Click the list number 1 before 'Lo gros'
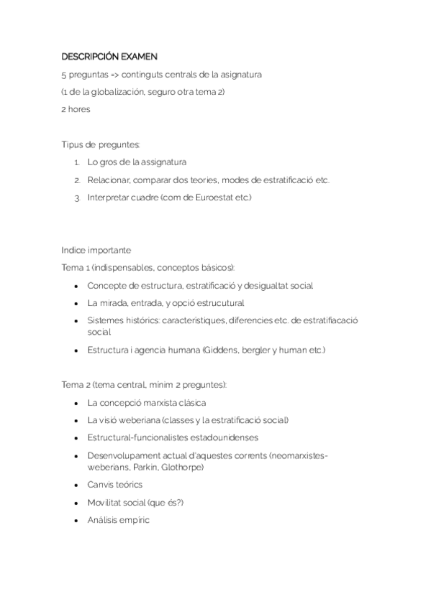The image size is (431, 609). tap(76, 162)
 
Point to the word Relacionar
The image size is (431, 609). tap(109, 180)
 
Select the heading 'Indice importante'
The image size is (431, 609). tap(96, 250)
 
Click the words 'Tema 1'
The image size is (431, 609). tap(76, 267)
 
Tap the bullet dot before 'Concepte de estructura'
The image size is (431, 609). tap(77, 285)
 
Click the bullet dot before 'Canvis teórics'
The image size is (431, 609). tap(77, 485)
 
